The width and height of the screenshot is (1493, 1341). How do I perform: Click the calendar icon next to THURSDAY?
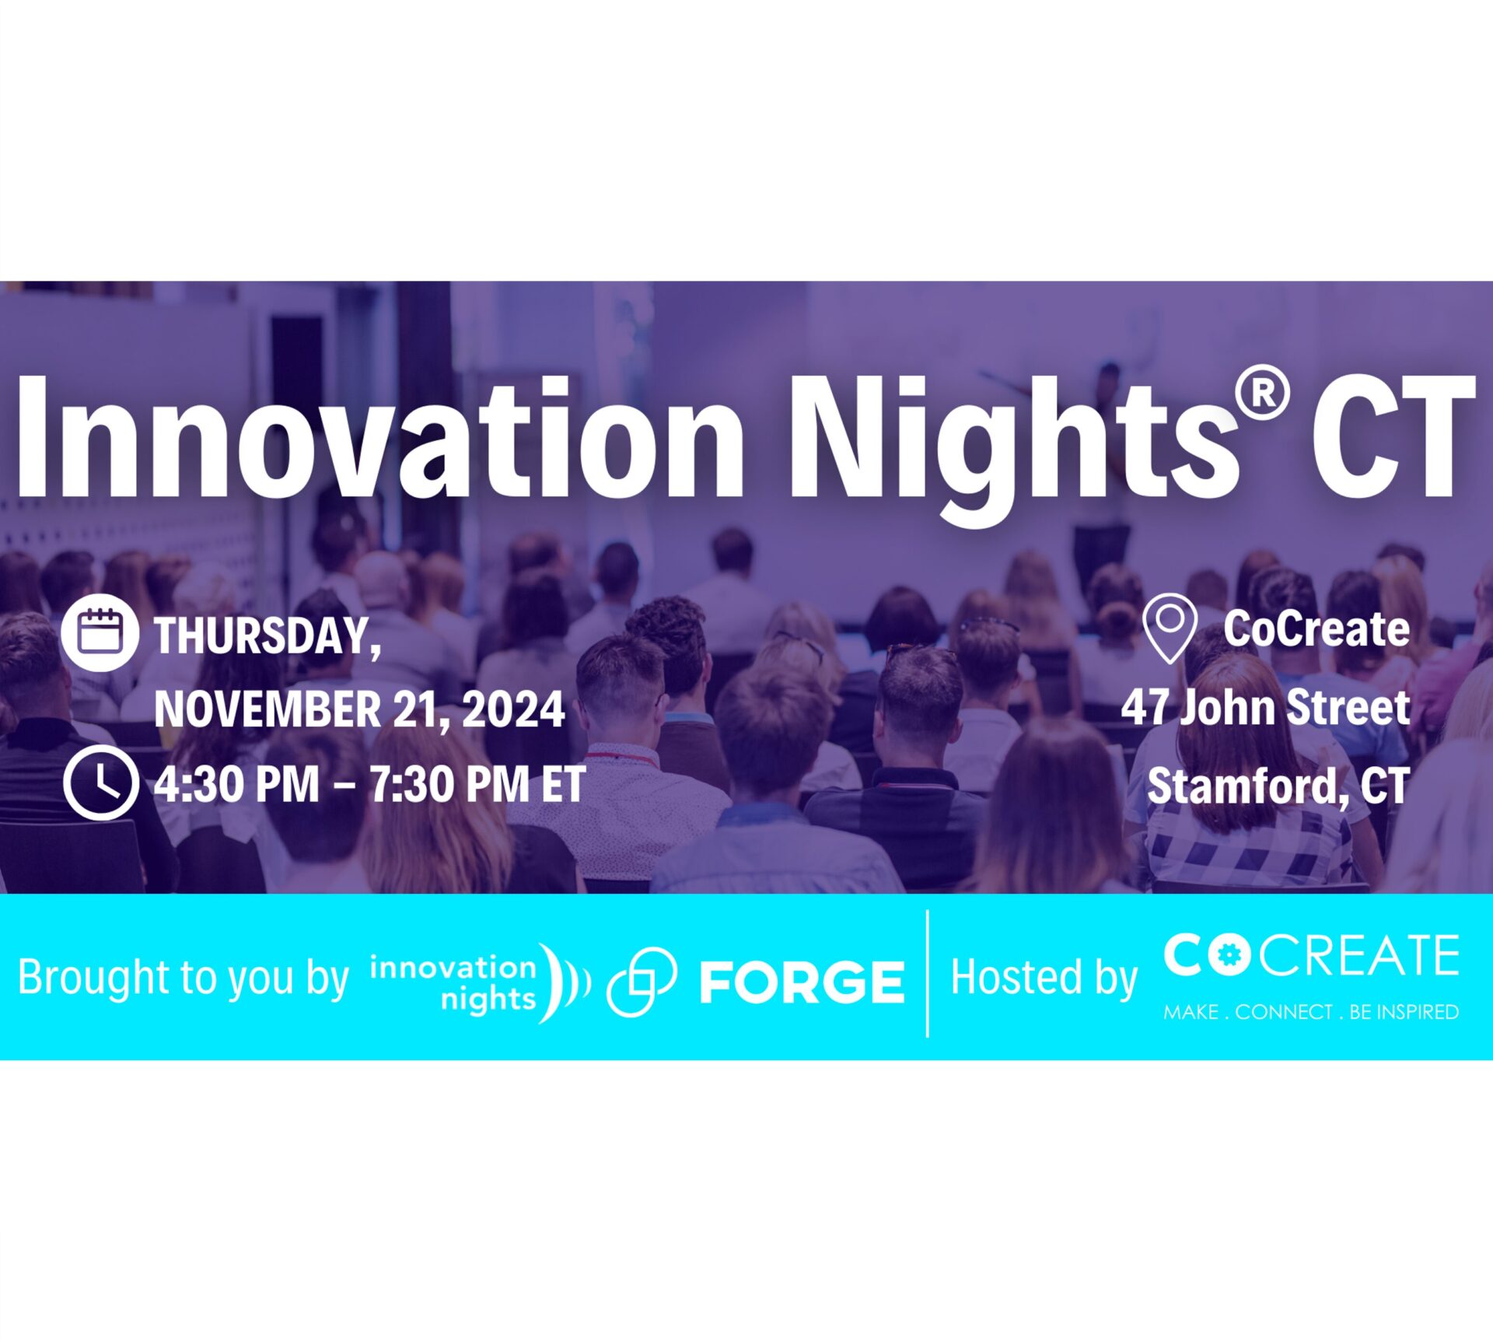(100, 633)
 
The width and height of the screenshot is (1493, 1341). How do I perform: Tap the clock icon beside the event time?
(101, 784)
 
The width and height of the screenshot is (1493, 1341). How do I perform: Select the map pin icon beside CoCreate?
(1170, 628)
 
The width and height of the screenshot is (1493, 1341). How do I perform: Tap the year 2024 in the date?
(513, 709)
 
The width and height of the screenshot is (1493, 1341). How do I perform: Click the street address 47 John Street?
(1265, 707)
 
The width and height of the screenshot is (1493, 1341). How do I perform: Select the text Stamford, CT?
(1278, 786)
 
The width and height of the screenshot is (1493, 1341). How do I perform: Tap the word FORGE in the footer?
(802, 981)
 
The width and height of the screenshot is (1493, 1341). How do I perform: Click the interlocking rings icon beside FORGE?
(642, 982)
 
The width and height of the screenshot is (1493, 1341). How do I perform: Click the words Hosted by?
(1044, 977)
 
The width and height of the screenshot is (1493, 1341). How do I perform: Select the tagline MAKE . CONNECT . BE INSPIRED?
(1311, 1012)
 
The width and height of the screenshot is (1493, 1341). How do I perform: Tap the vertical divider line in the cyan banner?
(928, 973)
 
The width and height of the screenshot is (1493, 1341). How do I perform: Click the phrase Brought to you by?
(184, 977)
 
